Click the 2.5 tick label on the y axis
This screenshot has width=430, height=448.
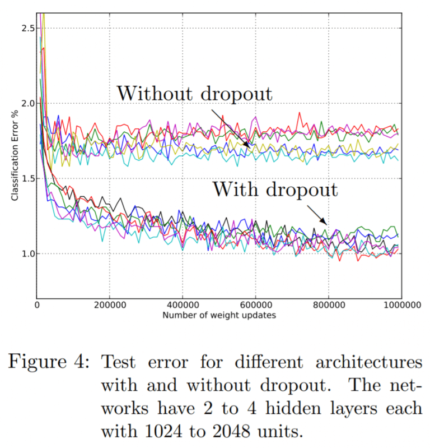[27, 28]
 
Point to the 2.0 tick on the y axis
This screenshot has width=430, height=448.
[27, 103]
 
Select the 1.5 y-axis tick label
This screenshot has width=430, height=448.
[27, 178]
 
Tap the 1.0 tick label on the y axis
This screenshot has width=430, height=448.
[27, 253]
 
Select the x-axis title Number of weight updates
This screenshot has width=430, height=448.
[219, 315]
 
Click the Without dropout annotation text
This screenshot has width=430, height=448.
[194, 93]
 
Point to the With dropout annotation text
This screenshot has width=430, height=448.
[274, 190]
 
